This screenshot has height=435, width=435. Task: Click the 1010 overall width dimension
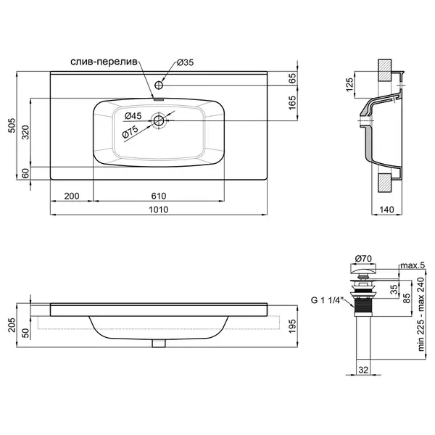tap(158, 210)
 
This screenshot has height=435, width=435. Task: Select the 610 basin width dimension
tap(159, 196)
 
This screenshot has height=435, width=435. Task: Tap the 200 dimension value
tap(72, 196)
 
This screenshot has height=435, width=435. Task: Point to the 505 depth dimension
tap(12, 125)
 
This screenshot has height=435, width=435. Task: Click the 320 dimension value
tap(25, 133)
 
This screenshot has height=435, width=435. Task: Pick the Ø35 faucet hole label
tap(186, 62)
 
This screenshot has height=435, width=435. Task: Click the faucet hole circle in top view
tap(159, 85)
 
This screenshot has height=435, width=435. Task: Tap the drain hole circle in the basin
tap(159, 120)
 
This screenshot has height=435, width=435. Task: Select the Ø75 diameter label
tap(130, 132)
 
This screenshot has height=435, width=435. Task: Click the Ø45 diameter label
tap(133, 116)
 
